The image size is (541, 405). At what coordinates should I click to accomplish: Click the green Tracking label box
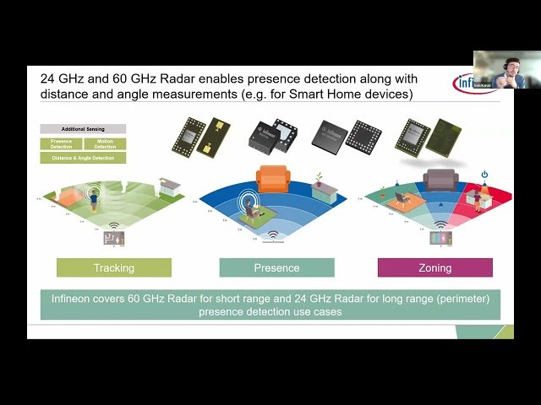coord(114,267)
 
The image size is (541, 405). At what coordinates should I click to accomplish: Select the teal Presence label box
coord(276,267)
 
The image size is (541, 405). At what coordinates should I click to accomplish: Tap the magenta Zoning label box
coord(434,267)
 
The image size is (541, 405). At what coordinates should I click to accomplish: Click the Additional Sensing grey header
coord(83,128)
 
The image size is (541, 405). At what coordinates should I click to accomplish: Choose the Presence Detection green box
coord(61,143)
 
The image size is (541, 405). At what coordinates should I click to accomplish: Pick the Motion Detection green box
coord(105,143)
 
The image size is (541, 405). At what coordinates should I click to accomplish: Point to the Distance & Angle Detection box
coord(83,158)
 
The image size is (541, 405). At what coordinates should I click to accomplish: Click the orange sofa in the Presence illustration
coord(272,179)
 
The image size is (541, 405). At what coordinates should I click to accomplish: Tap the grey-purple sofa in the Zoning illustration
coord(440,179)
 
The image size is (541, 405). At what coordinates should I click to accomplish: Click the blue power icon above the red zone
coord(484,174)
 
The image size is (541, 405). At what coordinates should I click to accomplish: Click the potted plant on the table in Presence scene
coord(318,179)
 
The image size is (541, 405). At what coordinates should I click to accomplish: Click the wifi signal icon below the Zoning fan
coord(440,225)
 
